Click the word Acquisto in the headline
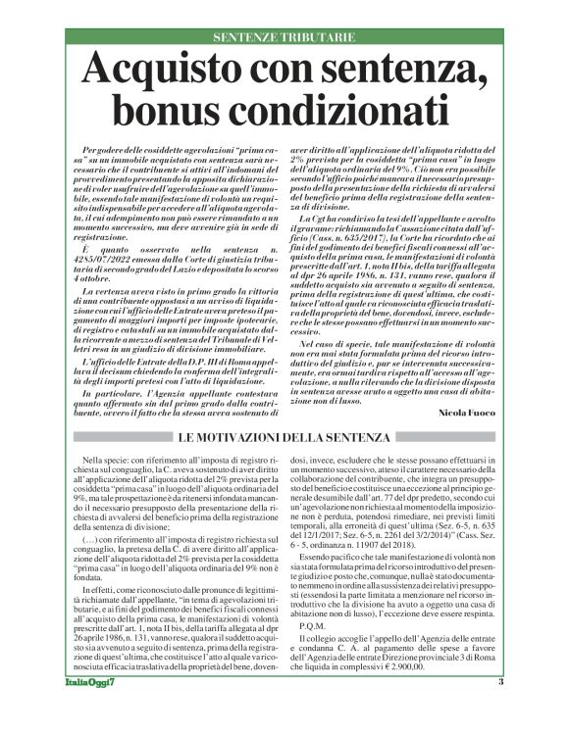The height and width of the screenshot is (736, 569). [x=172, y=72]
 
